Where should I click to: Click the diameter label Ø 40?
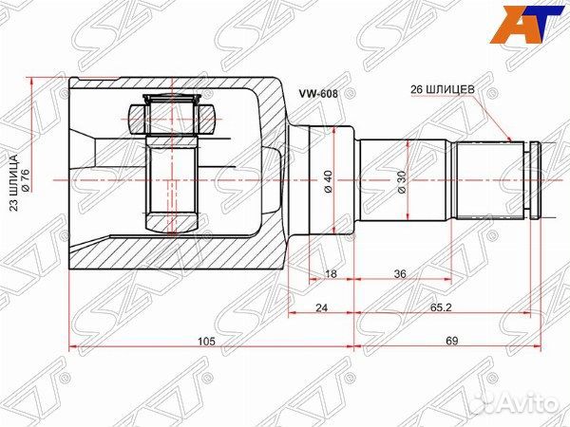pos(328,180)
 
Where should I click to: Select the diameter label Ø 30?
pos(402,180)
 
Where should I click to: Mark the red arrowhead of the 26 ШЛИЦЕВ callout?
pos(512,140)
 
